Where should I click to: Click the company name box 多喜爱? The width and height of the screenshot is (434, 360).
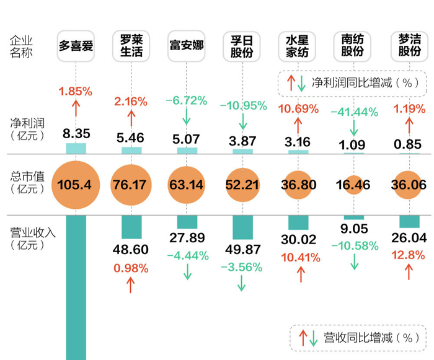pyautogui.click(x=76, y=45)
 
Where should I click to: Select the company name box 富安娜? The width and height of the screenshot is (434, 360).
pyautogui.click(x=187, y=45)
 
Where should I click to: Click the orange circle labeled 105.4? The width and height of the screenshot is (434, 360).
pyautogui.click(x=76, y=185)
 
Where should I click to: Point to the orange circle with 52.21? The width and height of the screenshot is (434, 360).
pyautogui.click(x=242, y=185)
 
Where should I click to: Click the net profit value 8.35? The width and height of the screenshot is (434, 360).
pyautogui.click(x=76, y=133)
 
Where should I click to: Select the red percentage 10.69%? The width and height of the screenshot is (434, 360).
pyautogui.click(x=298, y=109)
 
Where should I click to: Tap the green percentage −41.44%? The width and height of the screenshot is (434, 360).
pyautogui.click(x=354, y=112)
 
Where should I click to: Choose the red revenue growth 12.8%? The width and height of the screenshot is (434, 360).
pyautogui.click(x=408, y=256)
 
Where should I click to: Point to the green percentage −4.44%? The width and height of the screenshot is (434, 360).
pyautogui.click(x=187, y=256)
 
